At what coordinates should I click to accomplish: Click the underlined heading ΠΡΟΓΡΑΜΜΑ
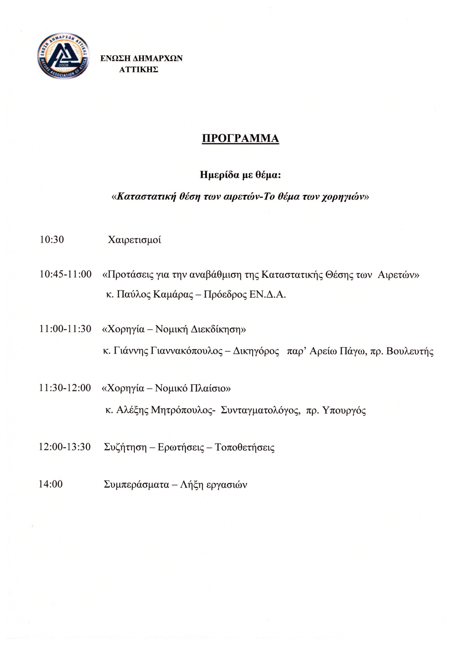pyautogui.click(x=240, y=139)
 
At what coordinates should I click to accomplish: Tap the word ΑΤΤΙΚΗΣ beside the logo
pyautogui.click(x=139, y=70)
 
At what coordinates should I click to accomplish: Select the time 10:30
pyautogui.click(x=52, y=240)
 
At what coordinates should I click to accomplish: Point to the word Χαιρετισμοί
pyautogui.click(x=134, y=240)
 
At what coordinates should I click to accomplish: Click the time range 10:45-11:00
pyautogui.click(x=66, y=274)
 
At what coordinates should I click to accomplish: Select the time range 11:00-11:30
pyautogui.click(x=65, y=329)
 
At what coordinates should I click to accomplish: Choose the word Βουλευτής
pyautogui.click(x=410, y=351)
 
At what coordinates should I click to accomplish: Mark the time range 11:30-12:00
pyautogui.click(x=65, y=388)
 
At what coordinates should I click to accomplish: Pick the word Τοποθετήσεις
pyautogui.click(x=244, y=447)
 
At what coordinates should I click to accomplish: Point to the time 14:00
pyautogui.click(x=51, y=484)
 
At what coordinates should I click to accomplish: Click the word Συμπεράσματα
pyautogui.click(x=136, y=485)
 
